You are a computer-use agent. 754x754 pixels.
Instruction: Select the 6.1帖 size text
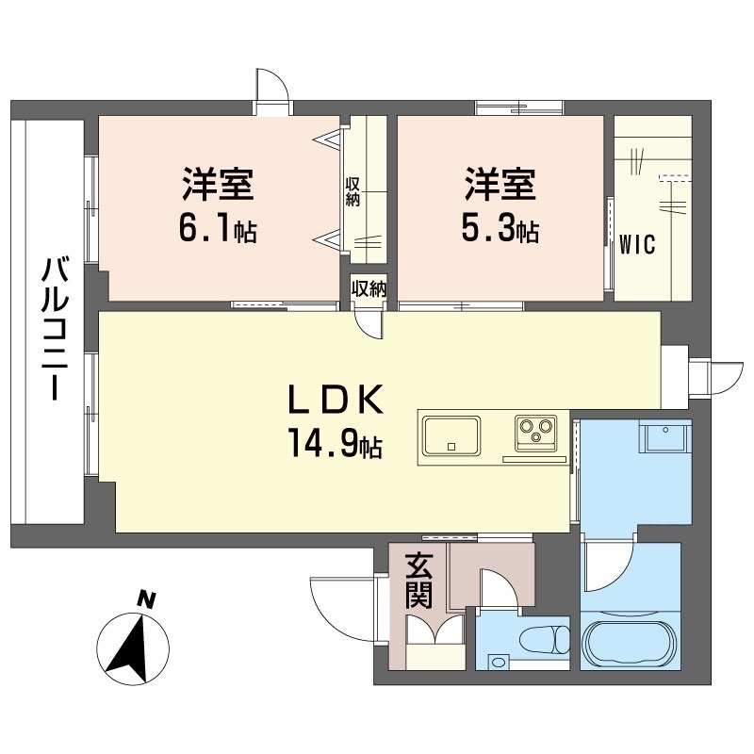tap(218, 229)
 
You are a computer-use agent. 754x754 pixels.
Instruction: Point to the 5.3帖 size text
tap(500, 229)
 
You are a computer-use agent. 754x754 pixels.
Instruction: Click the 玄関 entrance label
tap(418, 582)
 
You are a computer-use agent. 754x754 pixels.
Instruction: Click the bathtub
tap(630, 645)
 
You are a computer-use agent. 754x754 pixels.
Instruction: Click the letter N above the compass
tap(146, 598)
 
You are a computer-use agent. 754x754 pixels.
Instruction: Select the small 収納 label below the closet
tap(369, 289)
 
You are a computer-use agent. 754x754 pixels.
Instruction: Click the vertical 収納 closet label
tap(352, 191)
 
